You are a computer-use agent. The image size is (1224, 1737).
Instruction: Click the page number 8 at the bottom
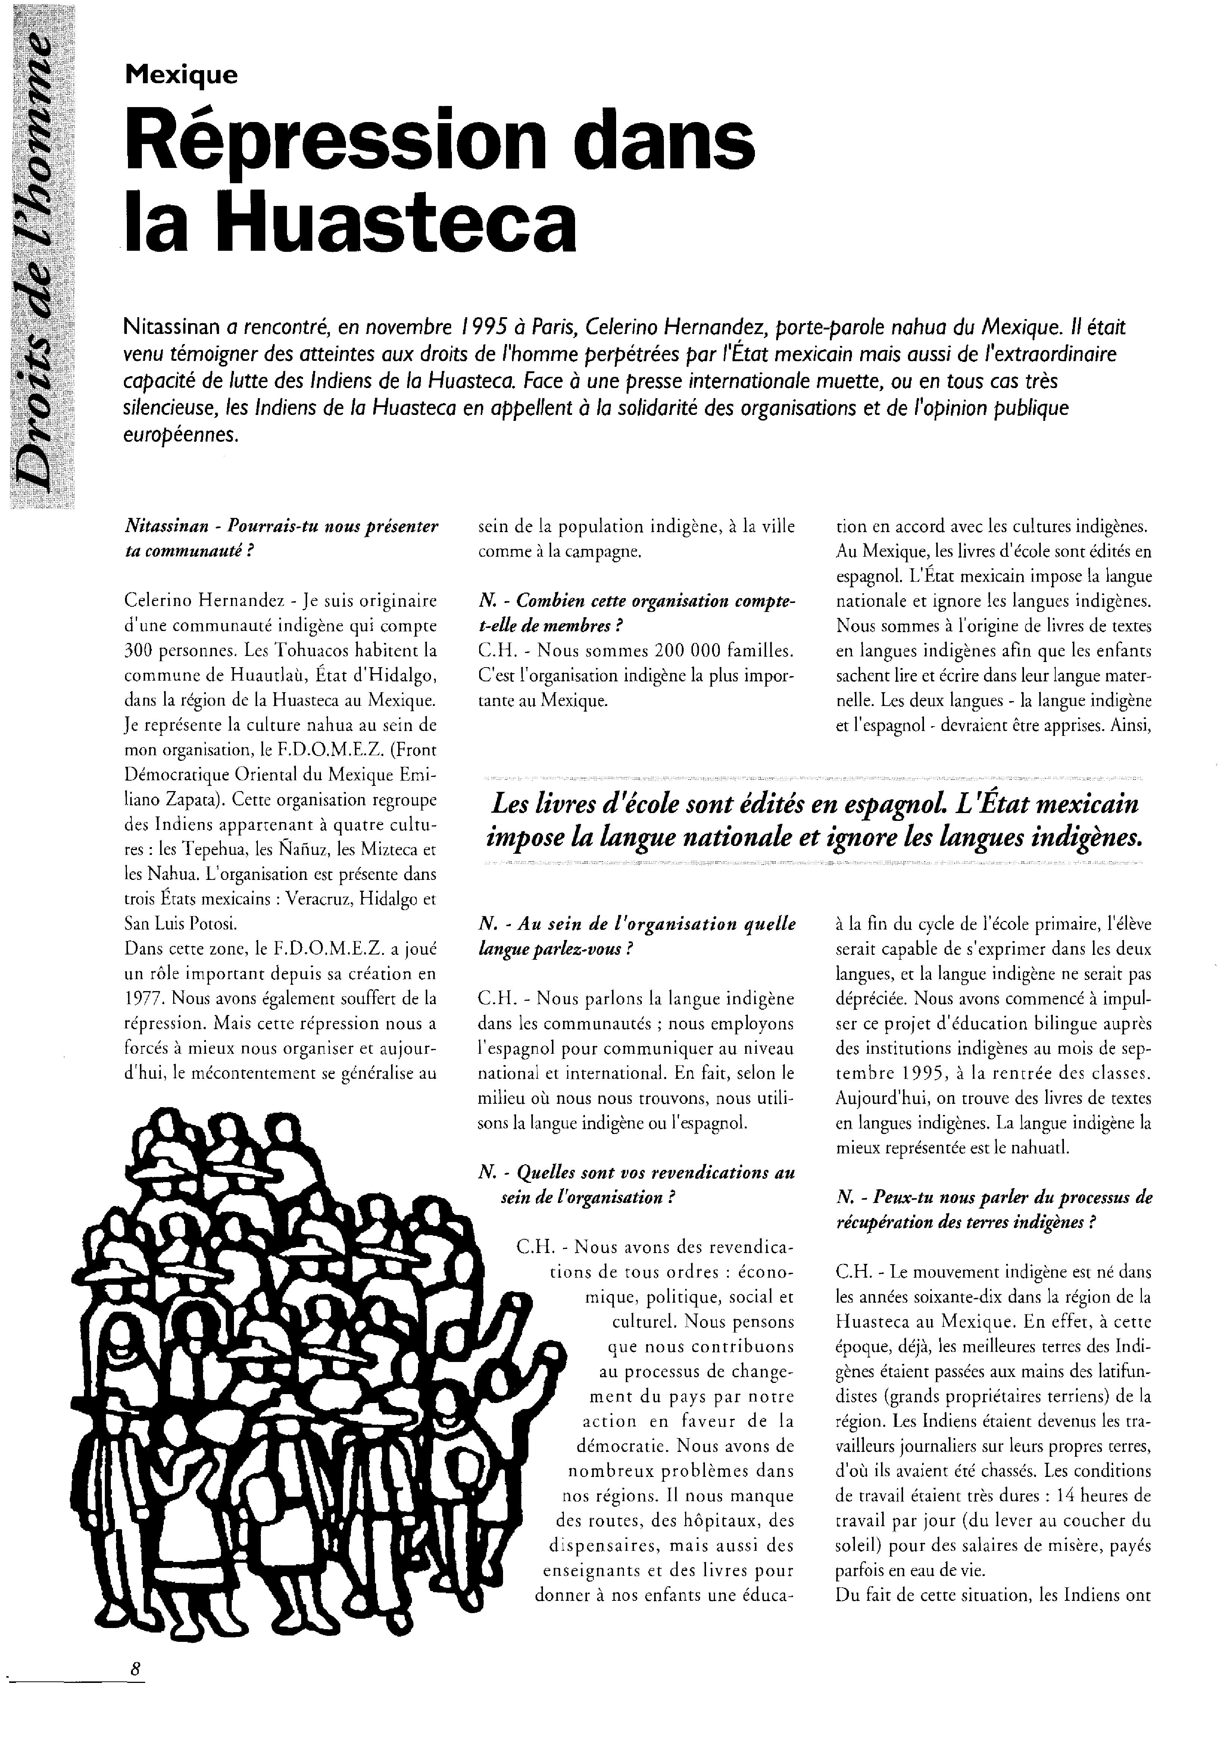coord(136,1667)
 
